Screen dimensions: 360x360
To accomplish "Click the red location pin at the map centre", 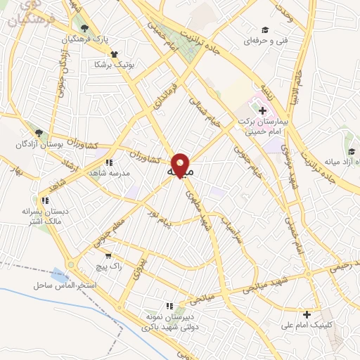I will [x=181, y=165].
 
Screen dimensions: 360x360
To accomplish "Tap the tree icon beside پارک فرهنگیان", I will [x=85, y=28].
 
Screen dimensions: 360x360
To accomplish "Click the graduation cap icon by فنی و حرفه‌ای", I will [x=265, y=30].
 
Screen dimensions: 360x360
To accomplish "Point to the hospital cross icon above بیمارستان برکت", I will [x=262, y=110].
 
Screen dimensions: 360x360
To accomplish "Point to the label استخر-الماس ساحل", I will [x=68, y=285].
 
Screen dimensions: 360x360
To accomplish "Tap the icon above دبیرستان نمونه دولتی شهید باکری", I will [x=169, y=306].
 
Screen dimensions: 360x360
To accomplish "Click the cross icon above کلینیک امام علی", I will [x=306, y=314].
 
